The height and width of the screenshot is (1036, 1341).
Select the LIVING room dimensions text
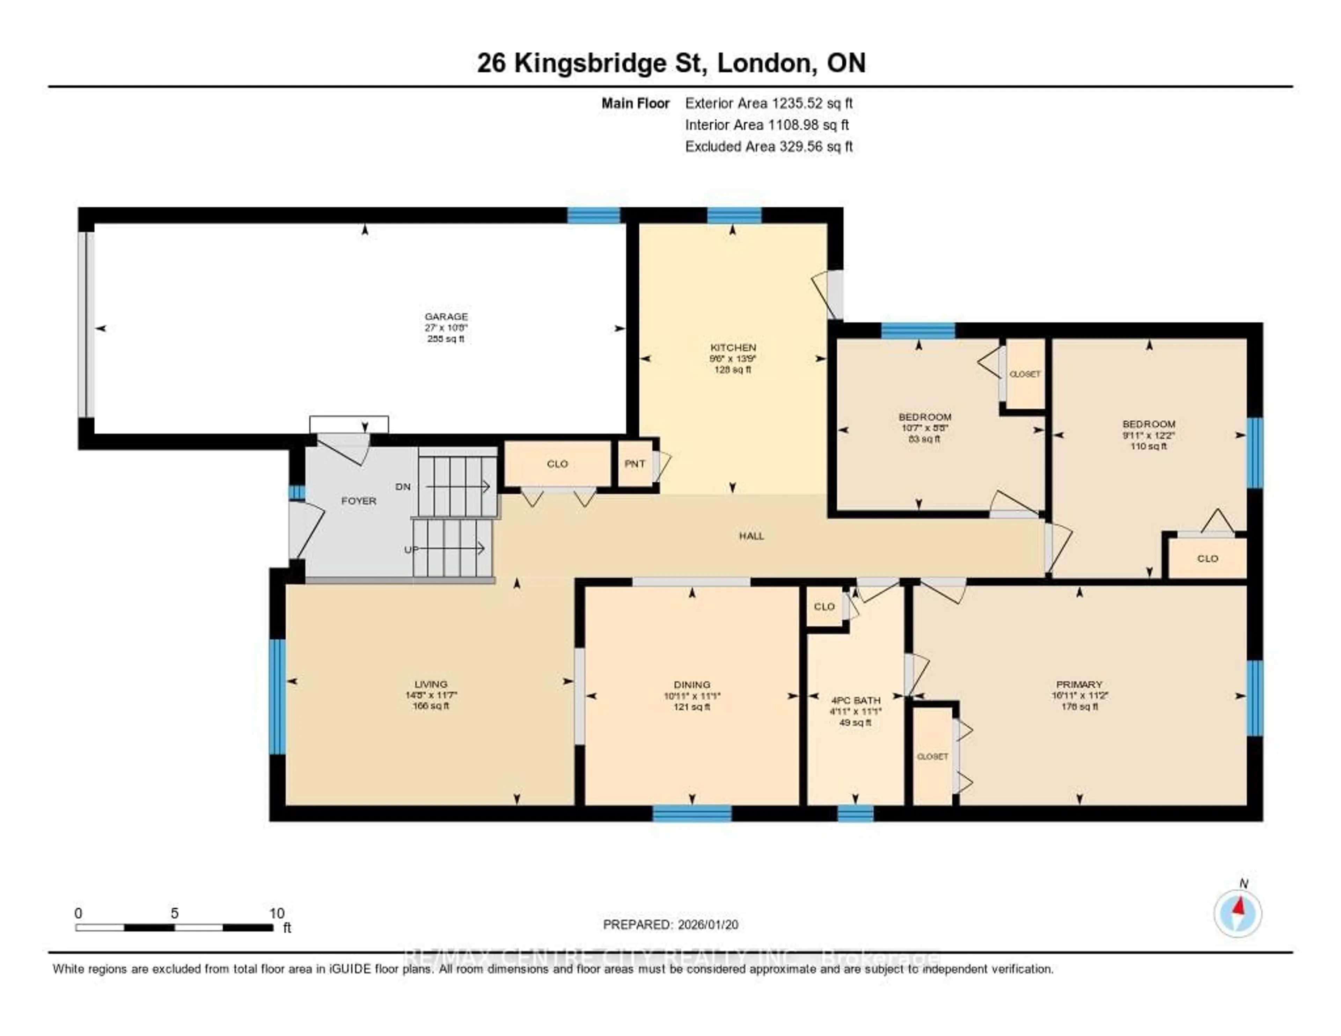coord(431,695)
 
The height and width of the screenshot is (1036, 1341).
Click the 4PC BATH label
coord(855,700)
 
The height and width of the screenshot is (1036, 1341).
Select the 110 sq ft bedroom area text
coord(1148,446)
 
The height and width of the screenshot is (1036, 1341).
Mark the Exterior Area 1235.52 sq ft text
coord(769,103)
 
